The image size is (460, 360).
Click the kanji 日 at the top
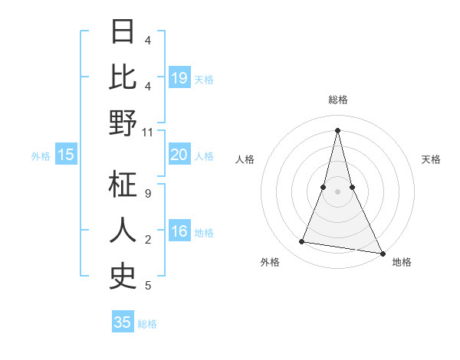coord(123,33)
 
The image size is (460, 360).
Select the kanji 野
coord(123,123)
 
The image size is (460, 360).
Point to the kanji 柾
coord(123,185)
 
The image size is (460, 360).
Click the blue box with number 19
coord(179,78)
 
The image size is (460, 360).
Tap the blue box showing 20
coord(179,155)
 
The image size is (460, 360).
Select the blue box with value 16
coord(179,232)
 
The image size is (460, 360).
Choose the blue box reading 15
coord(66,155)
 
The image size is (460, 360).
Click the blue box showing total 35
coord(123,322)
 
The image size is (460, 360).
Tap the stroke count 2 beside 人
coord(147,240)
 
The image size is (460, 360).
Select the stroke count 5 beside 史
coord(147,286)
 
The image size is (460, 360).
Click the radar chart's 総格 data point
coord(337,129)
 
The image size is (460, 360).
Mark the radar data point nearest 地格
coord(382,252)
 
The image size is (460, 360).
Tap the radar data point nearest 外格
coord(302,242)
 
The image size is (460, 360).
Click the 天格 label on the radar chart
coord(431,159)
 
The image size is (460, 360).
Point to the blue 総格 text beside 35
coord(147,324)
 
